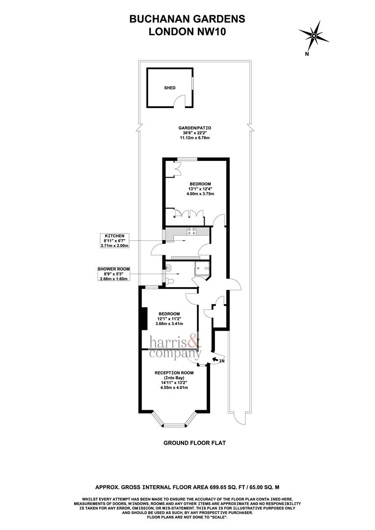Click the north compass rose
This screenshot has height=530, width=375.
tap(313, 35)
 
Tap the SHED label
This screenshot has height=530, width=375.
tap(170, 88)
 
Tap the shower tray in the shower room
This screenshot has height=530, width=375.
tap(202, 267)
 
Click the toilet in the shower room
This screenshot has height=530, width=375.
tap(169, 281)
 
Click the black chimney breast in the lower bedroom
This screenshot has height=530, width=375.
tap(144, 319)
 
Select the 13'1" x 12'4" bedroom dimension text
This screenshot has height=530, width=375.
tap(200, 189)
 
